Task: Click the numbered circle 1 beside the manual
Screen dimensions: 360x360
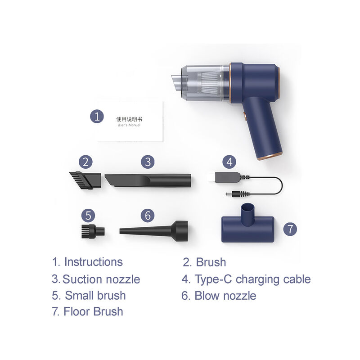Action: (97, 116)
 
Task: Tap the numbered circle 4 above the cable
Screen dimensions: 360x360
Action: (229, 162)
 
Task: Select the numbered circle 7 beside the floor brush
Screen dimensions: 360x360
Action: (290, 229)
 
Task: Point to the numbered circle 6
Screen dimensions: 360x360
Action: (148, 216)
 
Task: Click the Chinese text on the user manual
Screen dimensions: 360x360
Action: (129, 119)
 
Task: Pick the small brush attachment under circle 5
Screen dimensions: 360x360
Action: (93, 231)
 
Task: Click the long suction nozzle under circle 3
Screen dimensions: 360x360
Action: (148, 180)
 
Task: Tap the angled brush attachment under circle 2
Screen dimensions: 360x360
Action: (85, 180)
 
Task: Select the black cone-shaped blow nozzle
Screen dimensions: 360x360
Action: (153, 231)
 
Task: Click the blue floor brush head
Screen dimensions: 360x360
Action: (247, 227)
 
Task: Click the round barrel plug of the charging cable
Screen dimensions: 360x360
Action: (234, 194)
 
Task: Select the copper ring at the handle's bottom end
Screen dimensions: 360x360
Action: (270, 156)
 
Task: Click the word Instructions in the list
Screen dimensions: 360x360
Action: (94, 262)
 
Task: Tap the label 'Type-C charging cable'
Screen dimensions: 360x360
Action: (252, 279)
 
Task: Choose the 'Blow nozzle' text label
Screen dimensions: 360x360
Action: (225, 296)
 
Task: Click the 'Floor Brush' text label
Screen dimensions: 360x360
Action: (93, 311)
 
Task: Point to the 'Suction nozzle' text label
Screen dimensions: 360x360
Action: (101, 279)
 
